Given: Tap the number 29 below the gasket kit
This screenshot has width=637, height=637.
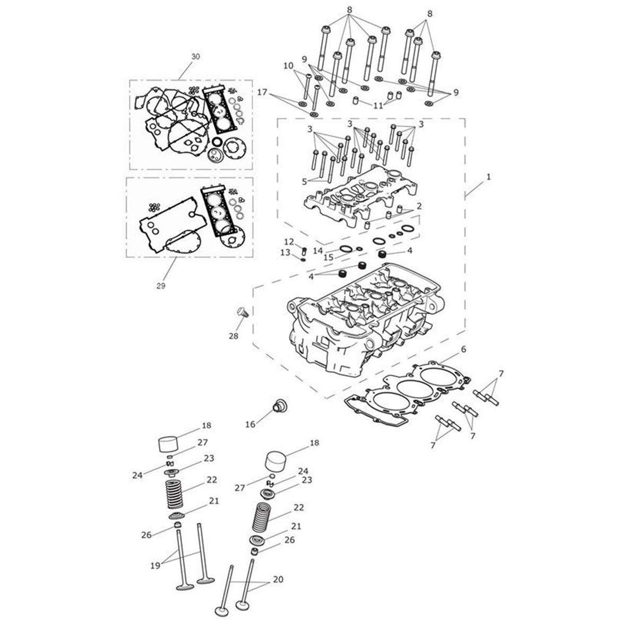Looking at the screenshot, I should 161,286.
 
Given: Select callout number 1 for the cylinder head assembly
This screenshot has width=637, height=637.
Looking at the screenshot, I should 488,177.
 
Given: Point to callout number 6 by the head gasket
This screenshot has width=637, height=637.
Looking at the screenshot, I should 463,349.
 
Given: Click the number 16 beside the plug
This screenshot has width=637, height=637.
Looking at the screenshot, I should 251,424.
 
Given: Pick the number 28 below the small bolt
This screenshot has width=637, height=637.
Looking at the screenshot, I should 234,336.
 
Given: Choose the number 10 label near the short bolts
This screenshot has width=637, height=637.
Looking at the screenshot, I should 288,66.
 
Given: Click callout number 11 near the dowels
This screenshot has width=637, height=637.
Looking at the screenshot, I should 377,106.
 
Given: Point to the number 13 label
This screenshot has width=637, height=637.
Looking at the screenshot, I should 285,252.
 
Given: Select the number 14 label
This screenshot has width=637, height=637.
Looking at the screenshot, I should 317,250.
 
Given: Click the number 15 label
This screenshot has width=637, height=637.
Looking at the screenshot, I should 329,257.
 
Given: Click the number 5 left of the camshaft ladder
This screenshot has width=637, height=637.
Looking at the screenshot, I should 304,181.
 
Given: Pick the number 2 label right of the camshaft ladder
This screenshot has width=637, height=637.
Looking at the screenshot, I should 419,205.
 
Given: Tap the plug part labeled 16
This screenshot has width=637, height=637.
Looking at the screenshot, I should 277,407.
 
